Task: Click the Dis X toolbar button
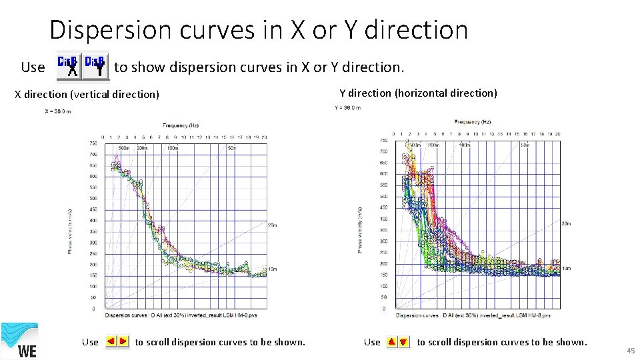(69, 65)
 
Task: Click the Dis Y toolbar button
(96, 65)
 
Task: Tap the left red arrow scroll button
(111, 341)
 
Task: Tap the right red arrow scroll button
(123, 341)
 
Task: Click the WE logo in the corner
(19, 341)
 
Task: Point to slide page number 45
(631, 351)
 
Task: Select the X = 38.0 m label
(58, 111)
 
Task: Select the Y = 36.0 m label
(347, 107)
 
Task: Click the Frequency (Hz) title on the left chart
(181, 125)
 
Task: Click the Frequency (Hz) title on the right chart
(473, 122)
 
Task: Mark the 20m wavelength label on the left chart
(272, 225)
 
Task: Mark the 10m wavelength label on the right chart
(566, 268)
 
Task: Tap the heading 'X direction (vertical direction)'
(87, 95)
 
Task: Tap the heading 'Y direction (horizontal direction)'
(418, 93)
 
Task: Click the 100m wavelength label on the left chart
(172, 147)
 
